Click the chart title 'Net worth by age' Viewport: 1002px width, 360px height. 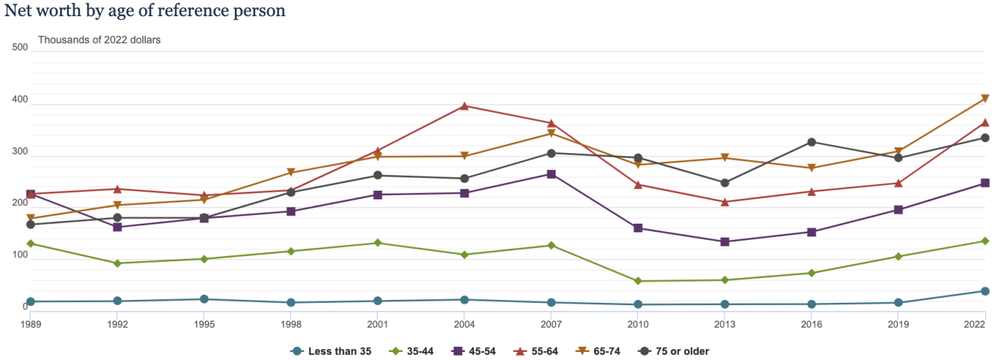click(x=145, y=11)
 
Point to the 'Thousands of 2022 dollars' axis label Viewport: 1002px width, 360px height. click(x=99, y=40)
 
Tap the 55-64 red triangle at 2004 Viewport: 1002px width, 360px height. click(x=464, y=106)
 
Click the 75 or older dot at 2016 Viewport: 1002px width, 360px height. click(x=811, y=142)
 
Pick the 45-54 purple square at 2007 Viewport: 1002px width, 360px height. click(x=551, y=175)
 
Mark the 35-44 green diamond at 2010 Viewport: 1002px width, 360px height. click(x=638, y=281)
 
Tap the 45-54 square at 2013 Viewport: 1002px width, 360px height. click(x=725, y=242)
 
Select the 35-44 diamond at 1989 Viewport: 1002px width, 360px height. click(x=31, y=243)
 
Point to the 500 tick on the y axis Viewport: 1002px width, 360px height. click(x=21, y=48)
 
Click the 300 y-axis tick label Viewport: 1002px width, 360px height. click(x=21, y=152)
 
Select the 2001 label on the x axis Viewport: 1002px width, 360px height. click(x=378, y=323)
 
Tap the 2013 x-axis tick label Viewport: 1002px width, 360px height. click(x=725, y=323)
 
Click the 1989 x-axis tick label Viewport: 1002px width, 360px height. click(x=30, y=323)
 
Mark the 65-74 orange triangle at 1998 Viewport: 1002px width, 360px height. click(x=291, y=173)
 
